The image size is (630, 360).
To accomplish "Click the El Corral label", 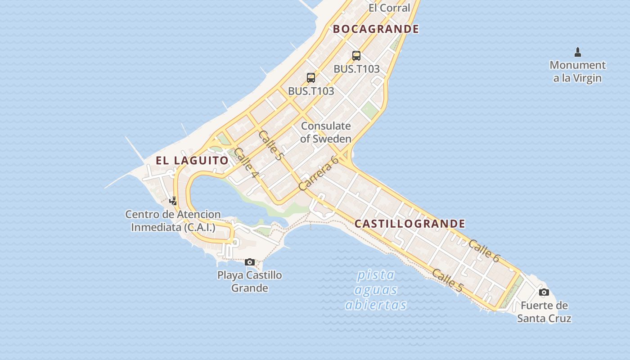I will (x=389, y=8).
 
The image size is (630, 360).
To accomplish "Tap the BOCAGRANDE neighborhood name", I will (x=376, y=29).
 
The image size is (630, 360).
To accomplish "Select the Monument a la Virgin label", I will (x=577, y=72).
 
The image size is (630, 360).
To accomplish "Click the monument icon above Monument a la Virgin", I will (x=578, y=52).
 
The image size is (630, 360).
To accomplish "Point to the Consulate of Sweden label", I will (x=326, y=132).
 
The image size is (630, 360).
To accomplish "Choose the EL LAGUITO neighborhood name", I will (x=192, y=160).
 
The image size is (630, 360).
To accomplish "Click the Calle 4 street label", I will (x=246, y=162).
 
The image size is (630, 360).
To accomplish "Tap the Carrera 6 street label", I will (x=318, y=173).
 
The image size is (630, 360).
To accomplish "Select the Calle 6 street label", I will (x=484, y=251).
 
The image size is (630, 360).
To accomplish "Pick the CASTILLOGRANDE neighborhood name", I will (x=409, y=224).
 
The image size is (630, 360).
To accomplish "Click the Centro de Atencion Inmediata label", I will (x=173, y=221).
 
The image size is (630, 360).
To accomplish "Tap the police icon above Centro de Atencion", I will (x=173, y=201).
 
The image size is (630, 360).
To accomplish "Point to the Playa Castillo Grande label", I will (x=250, y=281).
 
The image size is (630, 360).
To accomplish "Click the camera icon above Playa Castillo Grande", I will (x=250, y=262).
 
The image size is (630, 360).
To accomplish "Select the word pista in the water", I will (x=376, y=275).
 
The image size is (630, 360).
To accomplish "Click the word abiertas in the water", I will (x=376, y=305).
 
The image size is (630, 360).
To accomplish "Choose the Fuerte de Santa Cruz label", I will (x=544, y=312).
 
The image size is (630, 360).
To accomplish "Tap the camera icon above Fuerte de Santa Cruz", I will (x=544, y=292).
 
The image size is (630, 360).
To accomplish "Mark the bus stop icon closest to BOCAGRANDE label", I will (x=356, y=56).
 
